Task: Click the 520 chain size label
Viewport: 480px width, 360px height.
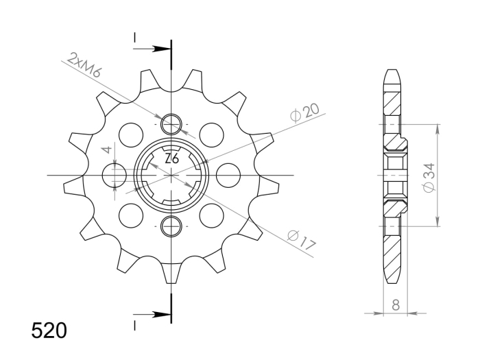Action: tap(49, 331)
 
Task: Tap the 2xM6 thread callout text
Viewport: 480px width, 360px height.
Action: tap(84, 65)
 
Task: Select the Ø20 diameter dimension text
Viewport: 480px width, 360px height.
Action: tap(304, 112)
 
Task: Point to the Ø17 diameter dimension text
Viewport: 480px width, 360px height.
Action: tap(301, 240)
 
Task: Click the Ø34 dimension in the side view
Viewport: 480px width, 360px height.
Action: tap(429, 178)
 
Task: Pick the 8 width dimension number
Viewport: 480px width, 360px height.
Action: tap(396, 305)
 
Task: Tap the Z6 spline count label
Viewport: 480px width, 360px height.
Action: tap(171, 159)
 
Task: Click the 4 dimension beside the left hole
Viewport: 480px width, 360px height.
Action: tap(107, 149)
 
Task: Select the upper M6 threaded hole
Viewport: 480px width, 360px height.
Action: tap(171, 125)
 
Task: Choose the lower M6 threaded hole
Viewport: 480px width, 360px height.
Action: tap(171, 226)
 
